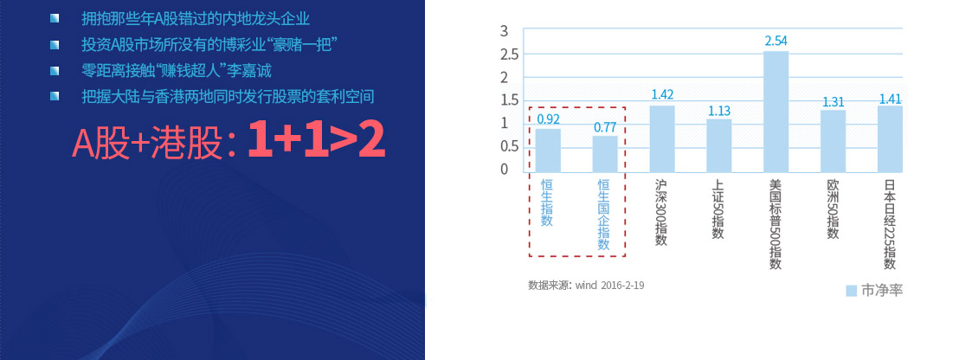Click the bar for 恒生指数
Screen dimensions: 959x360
548,151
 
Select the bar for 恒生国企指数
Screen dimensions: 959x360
605,154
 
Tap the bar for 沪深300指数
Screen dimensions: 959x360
662,138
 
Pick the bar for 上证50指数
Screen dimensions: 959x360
719,145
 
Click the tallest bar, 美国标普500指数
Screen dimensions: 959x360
776,112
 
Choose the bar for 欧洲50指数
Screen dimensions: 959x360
833,141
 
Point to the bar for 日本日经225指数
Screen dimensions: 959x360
890,138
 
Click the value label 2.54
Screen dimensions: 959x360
776,42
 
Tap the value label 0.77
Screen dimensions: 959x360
605,128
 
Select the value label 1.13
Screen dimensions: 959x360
719,111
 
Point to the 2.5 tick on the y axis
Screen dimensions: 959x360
509,55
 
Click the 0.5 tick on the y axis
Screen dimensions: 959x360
509,146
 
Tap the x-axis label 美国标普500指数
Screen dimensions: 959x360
776,223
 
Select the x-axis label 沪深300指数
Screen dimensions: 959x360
660,212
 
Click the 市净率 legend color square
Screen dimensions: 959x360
851,291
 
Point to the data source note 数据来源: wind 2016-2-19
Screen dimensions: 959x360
586,285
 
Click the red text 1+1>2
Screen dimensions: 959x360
316,141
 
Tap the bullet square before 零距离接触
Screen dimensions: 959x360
55,70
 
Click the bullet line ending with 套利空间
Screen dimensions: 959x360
228,97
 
